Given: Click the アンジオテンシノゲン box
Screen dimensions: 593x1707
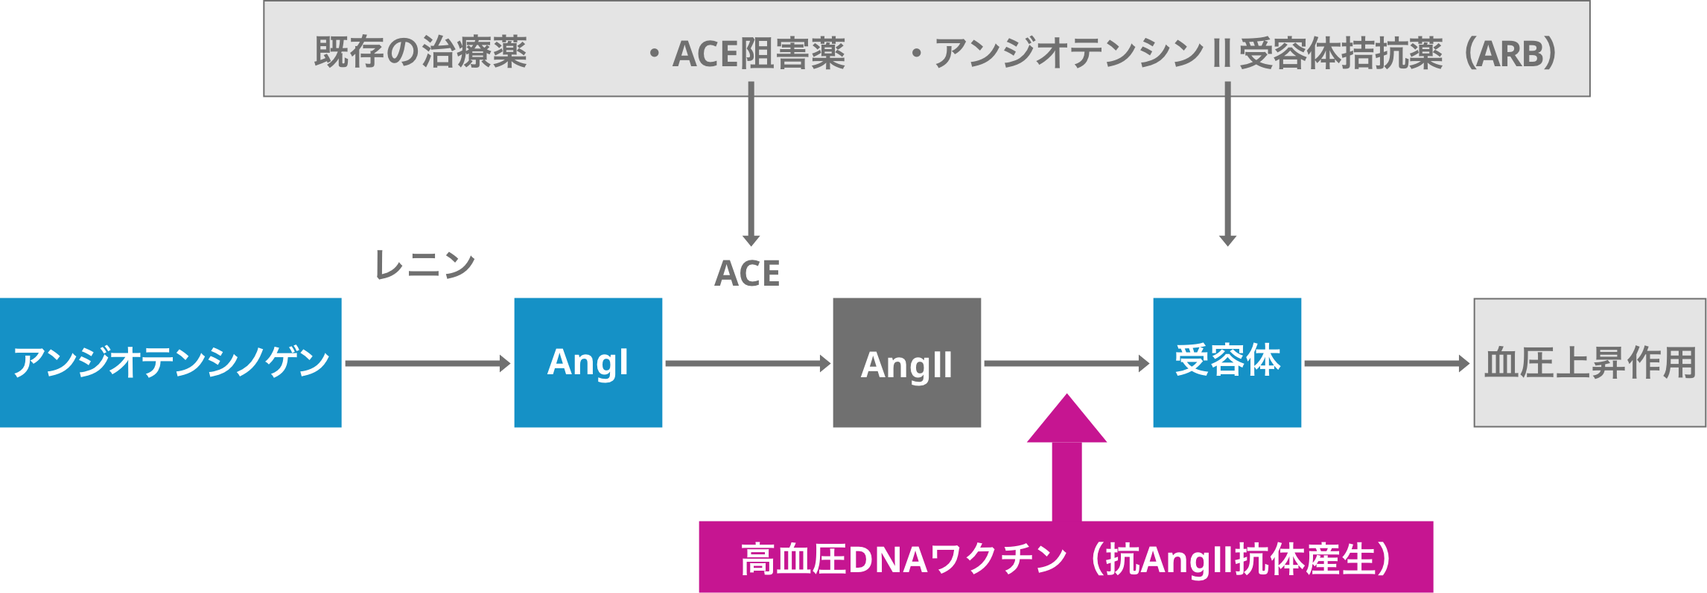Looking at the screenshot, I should coord(171,362).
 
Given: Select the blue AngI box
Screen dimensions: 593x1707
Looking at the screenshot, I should coord(588,362).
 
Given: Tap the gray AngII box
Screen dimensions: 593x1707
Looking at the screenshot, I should coord(906,363).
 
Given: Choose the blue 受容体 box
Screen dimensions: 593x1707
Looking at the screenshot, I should coord(1227,362).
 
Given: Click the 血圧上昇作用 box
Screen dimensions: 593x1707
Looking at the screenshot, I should coord(1589,363).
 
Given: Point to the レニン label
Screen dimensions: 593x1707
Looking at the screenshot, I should coord(425,265).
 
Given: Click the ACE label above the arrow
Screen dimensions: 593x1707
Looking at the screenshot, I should coord(747,273).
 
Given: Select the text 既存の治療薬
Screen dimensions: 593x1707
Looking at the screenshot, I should coord(420,52).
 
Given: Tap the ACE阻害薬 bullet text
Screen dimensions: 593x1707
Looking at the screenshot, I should coord(758,54).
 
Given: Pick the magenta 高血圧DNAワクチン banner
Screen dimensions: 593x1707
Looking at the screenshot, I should coord(1065,559).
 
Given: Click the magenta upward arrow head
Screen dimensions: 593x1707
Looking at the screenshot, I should coord(1067,420).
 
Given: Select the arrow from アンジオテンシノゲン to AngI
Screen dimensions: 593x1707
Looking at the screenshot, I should coord(427,363).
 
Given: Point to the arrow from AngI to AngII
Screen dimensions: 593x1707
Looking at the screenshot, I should coord(747,363).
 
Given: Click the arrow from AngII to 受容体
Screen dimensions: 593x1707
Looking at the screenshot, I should coord(1067,363).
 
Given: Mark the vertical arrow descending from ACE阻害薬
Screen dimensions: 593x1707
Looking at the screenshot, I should coord(751,164).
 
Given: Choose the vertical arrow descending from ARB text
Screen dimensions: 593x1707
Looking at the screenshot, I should coord(1227,164).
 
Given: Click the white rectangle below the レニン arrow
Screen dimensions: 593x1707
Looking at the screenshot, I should coord(428,467).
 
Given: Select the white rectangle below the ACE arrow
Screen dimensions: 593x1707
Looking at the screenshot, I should coord(749,463).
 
